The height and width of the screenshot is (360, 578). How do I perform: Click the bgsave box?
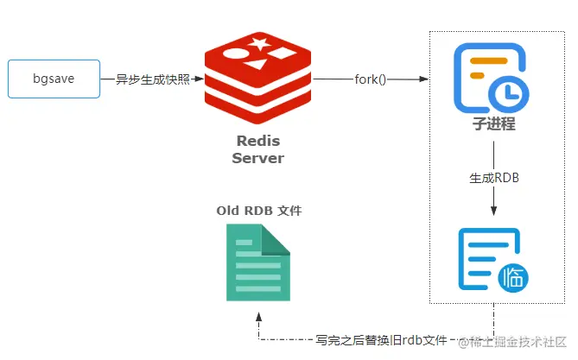click(54, 79)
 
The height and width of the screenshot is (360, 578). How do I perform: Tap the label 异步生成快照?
click(153, 79)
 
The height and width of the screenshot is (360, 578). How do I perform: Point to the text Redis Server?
click(257, 149)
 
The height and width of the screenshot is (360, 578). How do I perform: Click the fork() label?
click(371, 79)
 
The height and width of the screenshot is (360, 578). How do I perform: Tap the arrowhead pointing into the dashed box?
click(424, 79)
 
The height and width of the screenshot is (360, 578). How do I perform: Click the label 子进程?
click(493, 123)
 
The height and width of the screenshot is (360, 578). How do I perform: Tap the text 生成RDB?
click(493, 178)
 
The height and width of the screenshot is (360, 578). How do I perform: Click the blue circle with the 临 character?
click(513, 277)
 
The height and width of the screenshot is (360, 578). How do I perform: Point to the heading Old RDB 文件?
click(259, 211)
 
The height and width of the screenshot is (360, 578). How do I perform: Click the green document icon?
click(257, 262)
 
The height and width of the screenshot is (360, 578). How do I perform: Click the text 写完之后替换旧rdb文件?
click(382, 341)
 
